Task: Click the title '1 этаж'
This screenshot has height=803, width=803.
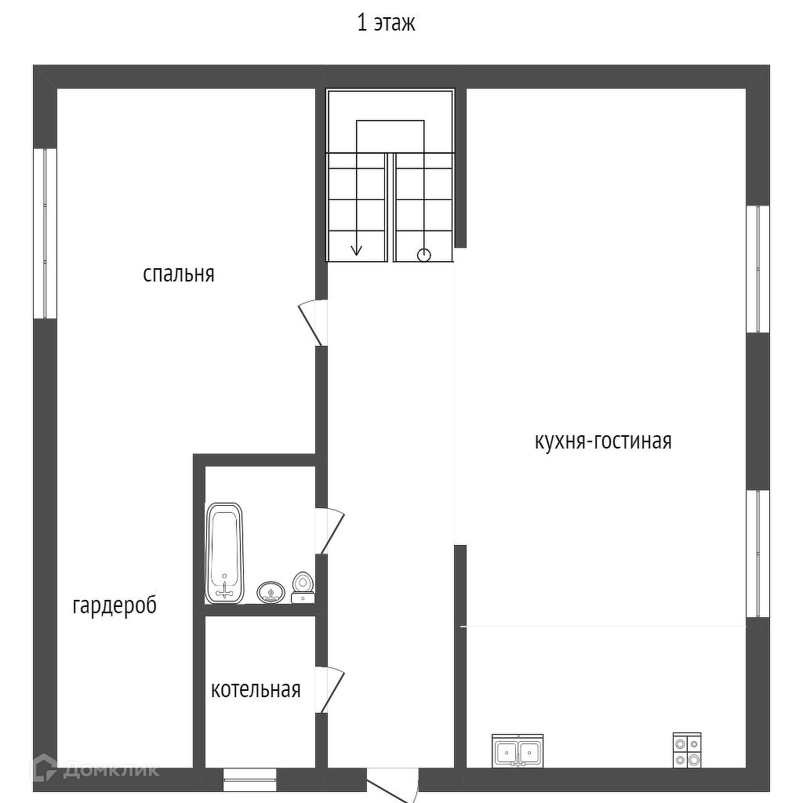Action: click(386, 24)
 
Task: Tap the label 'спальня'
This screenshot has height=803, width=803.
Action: click(178, 274)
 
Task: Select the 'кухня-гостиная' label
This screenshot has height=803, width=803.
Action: click(603, 441)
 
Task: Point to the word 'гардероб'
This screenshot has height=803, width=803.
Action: click(114, 606)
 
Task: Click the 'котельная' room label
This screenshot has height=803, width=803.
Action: click(256, 689)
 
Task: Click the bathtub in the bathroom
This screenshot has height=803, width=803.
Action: click(224, 553)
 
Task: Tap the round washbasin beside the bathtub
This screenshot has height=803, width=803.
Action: click(271, 593)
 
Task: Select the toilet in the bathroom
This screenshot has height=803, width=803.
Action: click(303, 587)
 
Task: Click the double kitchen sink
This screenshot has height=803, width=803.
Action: click(518, 750)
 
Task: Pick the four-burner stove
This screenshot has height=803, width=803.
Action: click(687, 750)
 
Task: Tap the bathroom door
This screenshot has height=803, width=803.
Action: click(330, 531)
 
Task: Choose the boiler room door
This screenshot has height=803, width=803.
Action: click(330, 689)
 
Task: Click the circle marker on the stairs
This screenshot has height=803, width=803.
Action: click(424, 255)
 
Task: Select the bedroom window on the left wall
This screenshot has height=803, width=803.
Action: click(45, 234)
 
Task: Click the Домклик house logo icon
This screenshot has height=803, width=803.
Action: click(44, 768)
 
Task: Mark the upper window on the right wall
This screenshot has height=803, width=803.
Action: click(758, 270)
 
